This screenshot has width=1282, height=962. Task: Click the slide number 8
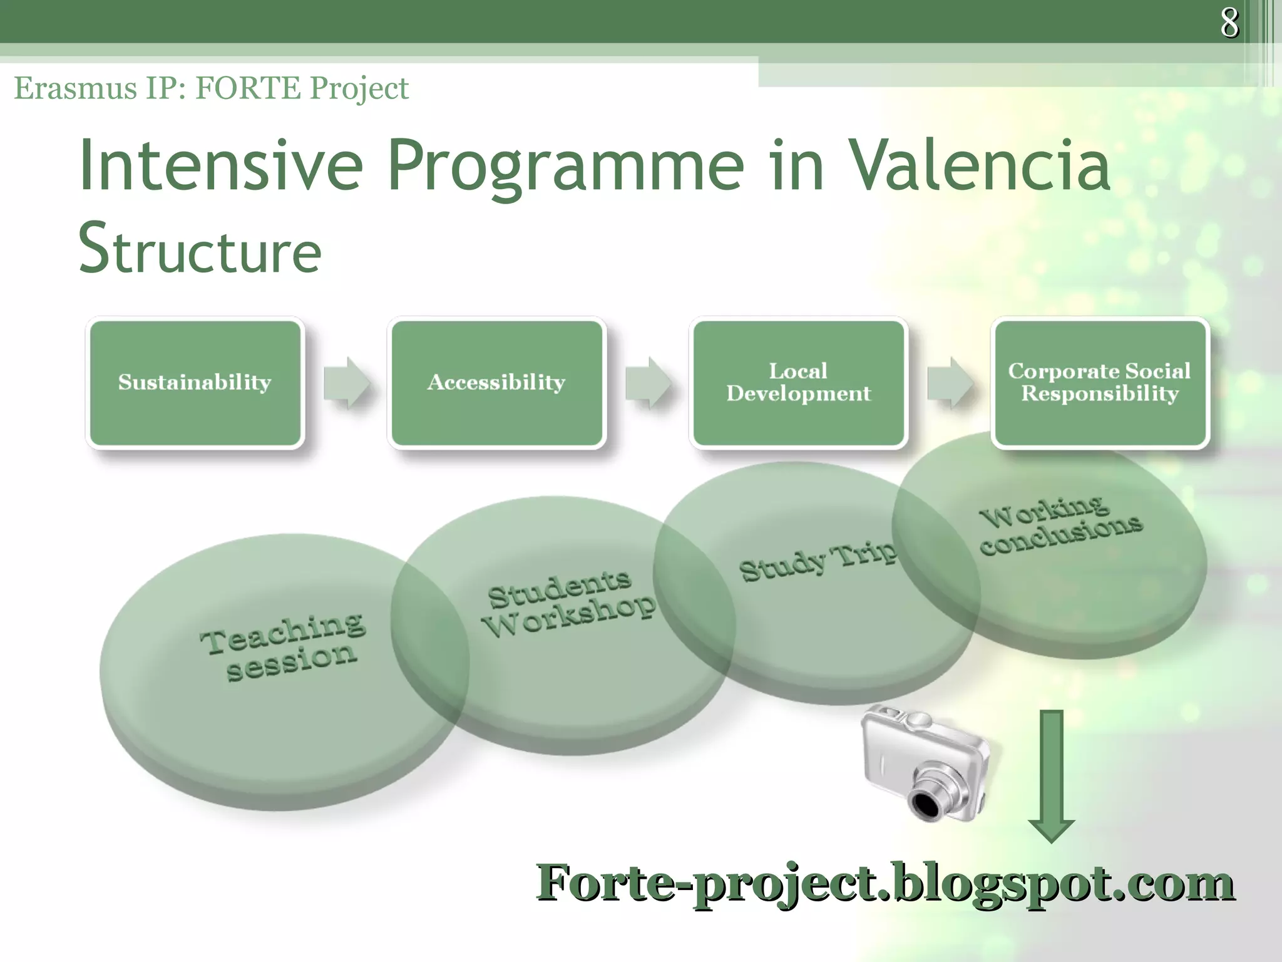point(1229,23)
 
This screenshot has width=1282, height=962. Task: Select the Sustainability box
point(195,382)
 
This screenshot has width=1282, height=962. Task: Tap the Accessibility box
point(496,382)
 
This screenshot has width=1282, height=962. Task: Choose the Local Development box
point(798,382)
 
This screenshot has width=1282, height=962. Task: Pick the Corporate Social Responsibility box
point(1100,382)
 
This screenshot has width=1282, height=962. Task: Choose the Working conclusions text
point(1060,525)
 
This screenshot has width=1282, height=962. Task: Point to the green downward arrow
point(1052,777)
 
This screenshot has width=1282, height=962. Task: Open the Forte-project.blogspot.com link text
point(885,883)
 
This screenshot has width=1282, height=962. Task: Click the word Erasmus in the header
point(75,88)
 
